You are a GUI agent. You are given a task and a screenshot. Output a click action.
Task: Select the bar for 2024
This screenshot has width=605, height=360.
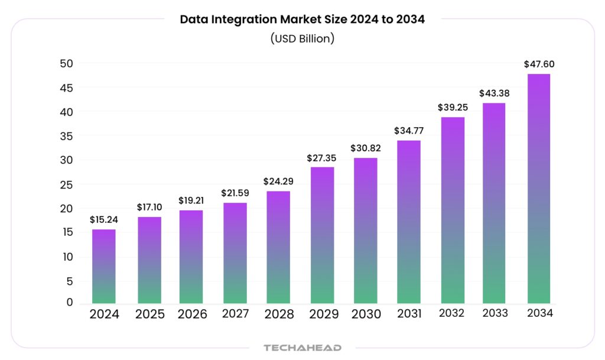point(104,267)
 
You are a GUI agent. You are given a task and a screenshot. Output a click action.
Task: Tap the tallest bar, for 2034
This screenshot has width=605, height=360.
point(538,189)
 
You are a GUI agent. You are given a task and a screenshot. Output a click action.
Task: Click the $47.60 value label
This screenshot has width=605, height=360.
point(539,64)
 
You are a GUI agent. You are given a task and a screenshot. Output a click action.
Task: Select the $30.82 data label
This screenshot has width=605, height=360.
point(365,148)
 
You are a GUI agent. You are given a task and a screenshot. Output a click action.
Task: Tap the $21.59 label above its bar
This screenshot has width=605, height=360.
point(235,193)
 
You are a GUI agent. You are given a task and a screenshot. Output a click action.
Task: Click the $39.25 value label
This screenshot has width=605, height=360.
point(452,107)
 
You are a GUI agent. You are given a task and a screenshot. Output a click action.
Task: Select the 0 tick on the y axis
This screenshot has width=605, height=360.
point(69,303)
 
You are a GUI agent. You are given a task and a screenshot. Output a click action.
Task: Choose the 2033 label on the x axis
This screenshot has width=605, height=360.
point(495,313)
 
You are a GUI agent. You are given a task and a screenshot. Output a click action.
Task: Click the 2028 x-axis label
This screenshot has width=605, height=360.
point(279,314)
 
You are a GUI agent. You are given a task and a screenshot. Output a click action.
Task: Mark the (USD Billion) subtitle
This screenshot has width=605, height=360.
point(302,38)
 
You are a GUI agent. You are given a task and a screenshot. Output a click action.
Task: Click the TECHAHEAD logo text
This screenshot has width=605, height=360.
point(302,348)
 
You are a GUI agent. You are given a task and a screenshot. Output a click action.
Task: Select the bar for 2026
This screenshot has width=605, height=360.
point(191,257)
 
